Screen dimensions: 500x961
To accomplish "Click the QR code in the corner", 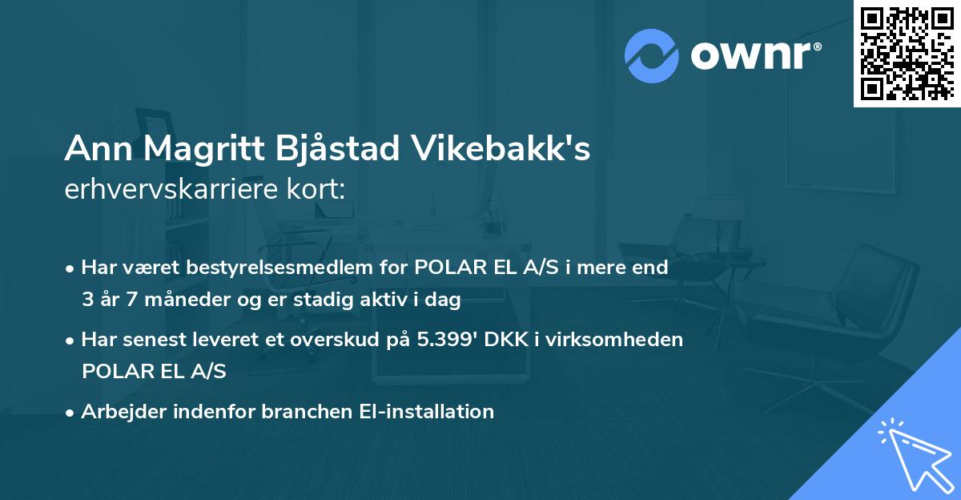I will [x=907, y=54].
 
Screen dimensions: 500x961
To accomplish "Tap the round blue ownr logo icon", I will [x=652, y=55].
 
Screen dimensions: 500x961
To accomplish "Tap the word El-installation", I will [x=424, y=411].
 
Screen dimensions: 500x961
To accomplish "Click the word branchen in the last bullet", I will [x=308, y=411].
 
